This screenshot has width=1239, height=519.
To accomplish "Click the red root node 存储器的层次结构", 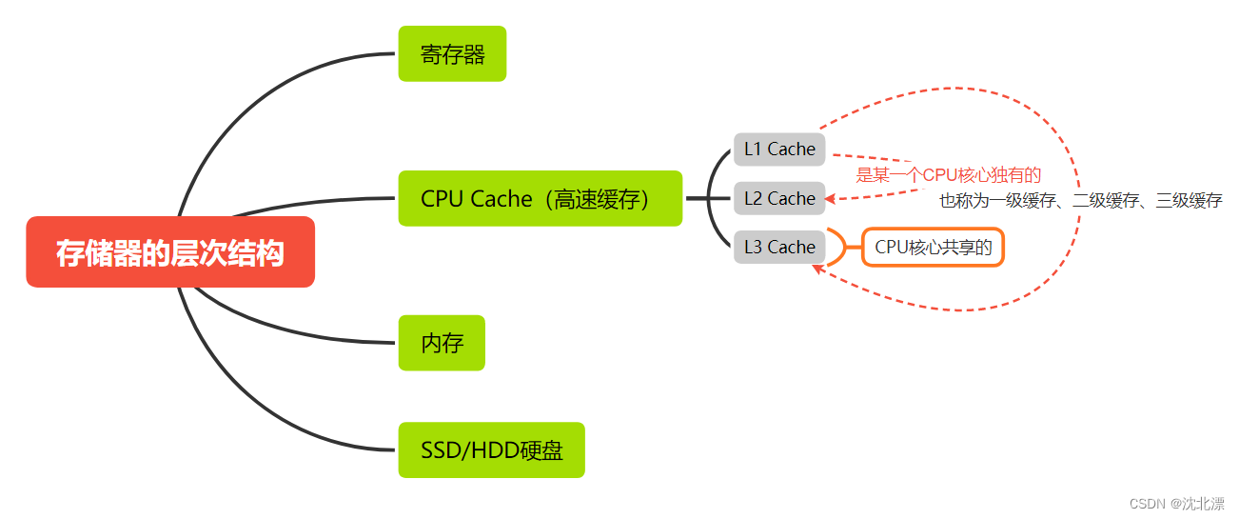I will click(170, 252).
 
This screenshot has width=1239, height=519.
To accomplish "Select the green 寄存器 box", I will click(452, 54).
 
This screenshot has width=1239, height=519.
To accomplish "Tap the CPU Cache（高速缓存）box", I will click(540, 198).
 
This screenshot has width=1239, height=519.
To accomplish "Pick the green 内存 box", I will click(442, 343).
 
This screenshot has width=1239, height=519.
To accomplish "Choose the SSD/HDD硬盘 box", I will click(491, 449).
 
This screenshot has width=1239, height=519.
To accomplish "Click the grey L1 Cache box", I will click(779, 150).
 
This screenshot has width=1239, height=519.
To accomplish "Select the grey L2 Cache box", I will click(779, 198).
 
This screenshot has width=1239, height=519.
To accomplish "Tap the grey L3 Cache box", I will click(779, 247).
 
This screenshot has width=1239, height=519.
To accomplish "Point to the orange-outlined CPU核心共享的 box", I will click(933, 248).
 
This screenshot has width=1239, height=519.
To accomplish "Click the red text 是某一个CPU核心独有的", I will click(948, 175).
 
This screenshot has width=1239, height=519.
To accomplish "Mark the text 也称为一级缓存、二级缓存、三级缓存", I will click(1080, 201).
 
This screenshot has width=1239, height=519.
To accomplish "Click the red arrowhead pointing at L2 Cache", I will click(831, 199).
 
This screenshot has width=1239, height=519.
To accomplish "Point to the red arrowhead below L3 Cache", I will click(817, 269).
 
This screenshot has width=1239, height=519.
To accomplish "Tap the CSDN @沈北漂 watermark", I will click(1176, 504).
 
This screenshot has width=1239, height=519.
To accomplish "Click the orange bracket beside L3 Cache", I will click(837, 248).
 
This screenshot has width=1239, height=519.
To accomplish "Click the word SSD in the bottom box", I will click(439, 449).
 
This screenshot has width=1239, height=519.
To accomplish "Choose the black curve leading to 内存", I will click(285, 329).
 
